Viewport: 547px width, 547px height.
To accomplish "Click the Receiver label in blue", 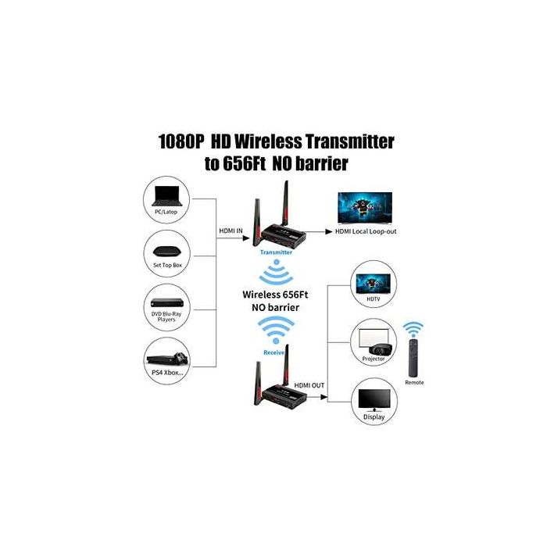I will (x=274, y=352).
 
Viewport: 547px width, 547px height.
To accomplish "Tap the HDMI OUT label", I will (x=309, y=385).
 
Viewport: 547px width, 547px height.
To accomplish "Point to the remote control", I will (x=414, y=355).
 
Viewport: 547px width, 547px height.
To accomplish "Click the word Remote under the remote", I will (x=414, y=383).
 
